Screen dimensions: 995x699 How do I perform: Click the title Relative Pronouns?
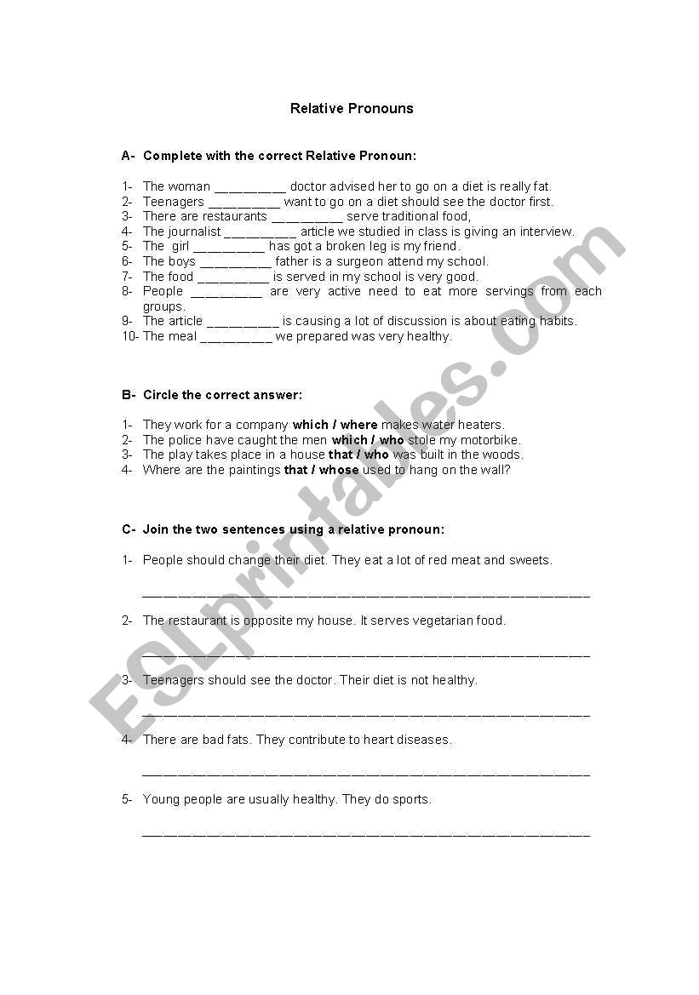[352, 108]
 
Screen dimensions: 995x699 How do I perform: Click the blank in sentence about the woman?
[249, 187]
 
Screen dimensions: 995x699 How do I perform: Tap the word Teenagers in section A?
[174, 202]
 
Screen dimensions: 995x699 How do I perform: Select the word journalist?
[194, 232]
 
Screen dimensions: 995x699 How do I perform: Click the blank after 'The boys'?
[235, 262]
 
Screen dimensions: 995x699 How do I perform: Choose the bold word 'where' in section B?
[358, 425]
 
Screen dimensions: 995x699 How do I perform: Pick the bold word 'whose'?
[339, 470]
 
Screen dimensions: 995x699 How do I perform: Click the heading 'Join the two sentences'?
[293, 529]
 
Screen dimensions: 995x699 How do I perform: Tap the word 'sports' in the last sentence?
[410, 799]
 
